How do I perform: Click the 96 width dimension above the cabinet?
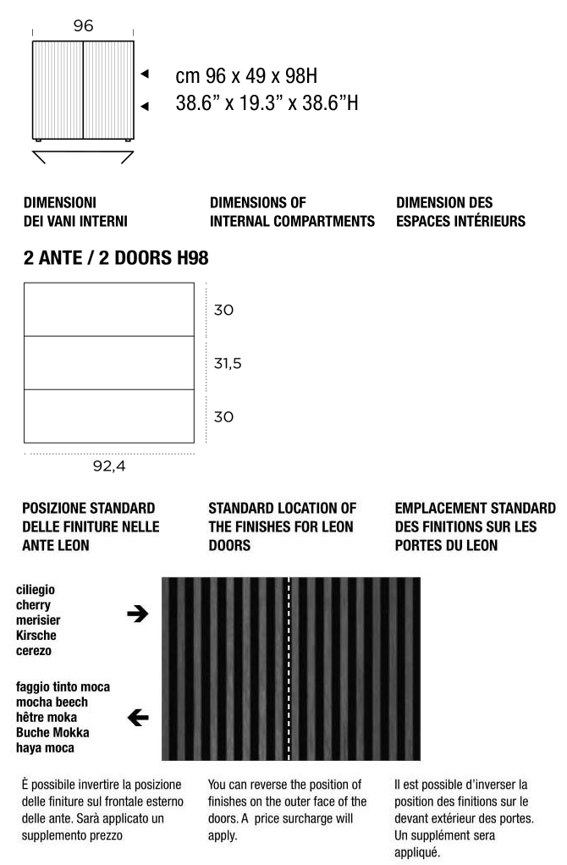pyautogui.click(x=82, y=25)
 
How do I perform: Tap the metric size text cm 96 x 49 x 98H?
pyautogui.click(x=246, y=76)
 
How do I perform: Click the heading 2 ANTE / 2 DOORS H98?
pyautogui.click(x=115, y=256)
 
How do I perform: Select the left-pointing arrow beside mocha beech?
pyautogui.click(x=136, y=719)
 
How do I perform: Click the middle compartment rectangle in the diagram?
pyautogui.click(x=108, y=363)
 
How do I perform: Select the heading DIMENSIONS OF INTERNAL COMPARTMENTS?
pyautogui.click(x=291, y=212)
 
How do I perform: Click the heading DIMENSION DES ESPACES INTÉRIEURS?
pyautogui.click(x=460, y=212)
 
